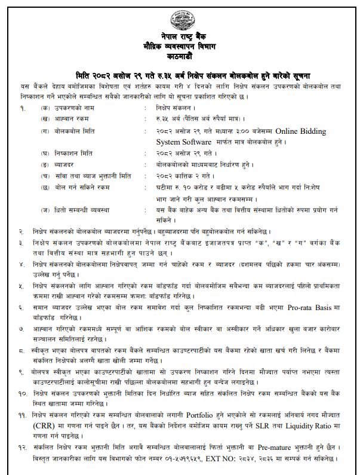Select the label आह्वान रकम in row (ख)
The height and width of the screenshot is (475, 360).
(x=76, y=121)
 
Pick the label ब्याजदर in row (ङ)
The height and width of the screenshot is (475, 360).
(x=71, y=164)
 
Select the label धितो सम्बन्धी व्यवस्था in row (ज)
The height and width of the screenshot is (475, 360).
(x=88, y=209)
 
